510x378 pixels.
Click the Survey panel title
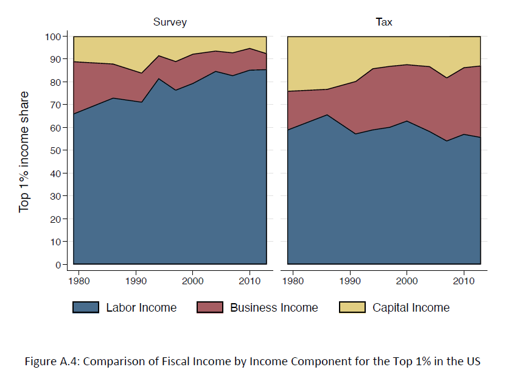pyautogui.click(x=169, y=23)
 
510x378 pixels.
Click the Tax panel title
pyautogui.click(x=383, y=23)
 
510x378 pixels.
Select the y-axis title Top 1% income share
pyautogui.click(x=24, y=152)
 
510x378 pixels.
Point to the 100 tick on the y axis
pyautogui.click(x=53, y=37)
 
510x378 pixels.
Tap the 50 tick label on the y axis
pyautogui.click(x=55, y=150)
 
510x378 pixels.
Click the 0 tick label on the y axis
pyautogui.click(x=58, y=265)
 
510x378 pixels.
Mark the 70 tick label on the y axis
pyautogui.click(x=55, y=105)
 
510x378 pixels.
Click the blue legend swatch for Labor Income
pyautogui.click(x=86, y=307)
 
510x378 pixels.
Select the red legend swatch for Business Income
pyautogui.click(x=210, y=307)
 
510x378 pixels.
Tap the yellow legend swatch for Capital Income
pyautogui.click(x=352, y=307)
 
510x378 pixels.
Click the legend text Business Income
pyautogui.click(x=274, y=307)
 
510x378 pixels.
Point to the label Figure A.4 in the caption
pyautogui.click(x=51, y=361)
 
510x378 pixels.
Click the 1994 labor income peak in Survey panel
pyautogui.click(x=158, y=79)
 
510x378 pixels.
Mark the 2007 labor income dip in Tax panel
pyautogui.click(x=447, y=141)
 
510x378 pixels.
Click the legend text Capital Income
pyautogui.click(x=411, y=307)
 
